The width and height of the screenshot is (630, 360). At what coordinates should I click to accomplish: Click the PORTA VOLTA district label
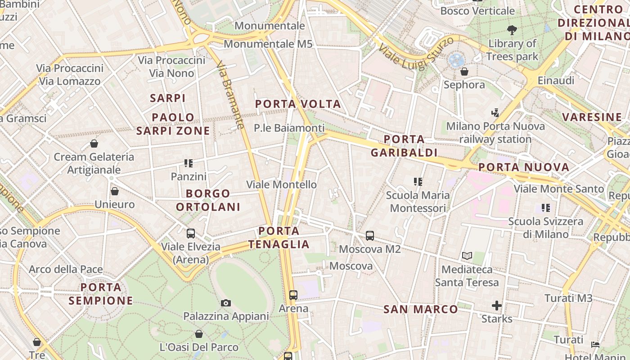[298, 104]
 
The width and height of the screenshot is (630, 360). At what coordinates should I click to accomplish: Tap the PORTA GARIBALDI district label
[404, 145]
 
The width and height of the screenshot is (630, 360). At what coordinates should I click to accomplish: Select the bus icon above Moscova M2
[370, 235]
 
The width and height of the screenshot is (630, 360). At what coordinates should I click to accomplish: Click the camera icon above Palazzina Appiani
[226, 303]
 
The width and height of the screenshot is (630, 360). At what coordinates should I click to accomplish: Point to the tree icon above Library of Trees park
[512, 31]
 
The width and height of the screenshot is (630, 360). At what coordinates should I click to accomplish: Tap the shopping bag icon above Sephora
[464, 72]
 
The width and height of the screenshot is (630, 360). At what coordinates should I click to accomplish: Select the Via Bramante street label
[230, 96]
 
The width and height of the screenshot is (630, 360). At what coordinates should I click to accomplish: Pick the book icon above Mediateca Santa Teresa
[467, 256]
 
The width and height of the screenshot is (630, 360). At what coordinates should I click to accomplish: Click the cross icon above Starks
[497, 306]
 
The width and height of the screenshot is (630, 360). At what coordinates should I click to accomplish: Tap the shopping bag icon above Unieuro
[115, 191]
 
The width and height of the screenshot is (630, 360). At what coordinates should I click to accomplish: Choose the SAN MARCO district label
[421, 309]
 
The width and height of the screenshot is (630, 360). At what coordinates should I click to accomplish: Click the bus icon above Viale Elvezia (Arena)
[191, 233]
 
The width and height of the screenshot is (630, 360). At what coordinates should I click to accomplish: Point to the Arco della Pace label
[66, 270]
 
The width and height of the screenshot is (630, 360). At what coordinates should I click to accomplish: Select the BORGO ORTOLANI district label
[208, 200]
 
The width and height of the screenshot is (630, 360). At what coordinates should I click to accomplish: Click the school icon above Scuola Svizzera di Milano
[546, 208]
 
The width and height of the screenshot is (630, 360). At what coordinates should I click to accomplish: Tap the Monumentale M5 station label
[268, 44]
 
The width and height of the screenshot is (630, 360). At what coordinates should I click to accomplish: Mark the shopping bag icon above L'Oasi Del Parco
[199, 334]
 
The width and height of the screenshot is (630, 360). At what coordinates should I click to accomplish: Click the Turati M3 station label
[568, 298]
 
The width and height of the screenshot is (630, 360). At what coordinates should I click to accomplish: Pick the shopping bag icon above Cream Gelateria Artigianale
[94, 144]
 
